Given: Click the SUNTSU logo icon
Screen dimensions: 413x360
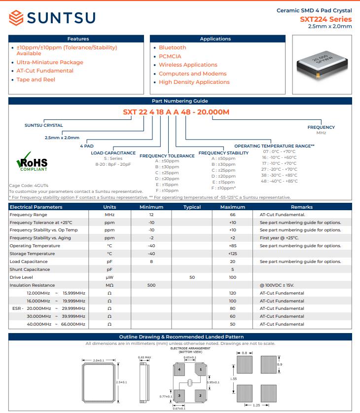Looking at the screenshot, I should coord(16,18).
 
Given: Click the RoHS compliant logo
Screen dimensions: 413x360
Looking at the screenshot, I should coord(32,162).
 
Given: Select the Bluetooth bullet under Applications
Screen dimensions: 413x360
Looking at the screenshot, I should coord(172,47).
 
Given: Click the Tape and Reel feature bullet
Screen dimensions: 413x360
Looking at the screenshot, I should coord(36,79).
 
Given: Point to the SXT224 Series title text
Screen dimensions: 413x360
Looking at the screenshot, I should coord(326,19).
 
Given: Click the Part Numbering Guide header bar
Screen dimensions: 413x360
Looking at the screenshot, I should coord(180,101).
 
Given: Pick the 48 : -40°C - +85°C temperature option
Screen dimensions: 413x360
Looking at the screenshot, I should coord(280,181).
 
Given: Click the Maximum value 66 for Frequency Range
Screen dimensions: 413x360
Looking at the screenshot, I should coord(233,215).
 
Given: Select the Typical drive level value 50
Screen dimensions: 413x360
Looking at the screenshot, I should coord(192,277).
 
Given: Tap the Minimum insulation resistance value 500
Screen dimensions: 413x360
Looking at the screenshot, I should coord(151,285).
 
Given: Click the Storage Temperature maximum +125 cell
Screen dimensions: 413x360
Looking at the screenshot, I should coord(233,254).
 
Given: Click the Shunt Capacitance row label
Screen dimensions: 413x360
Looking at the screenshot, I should coord(30,269).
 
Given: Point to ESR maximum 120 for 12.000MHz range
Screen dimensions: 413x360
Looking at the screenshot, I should coord(233,293).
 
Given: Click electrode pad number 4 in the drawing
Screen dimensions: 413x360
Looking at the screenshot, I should coord(180,369).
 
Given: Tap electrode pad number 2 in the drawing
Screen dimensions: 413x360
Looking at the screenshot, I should coord(200,395).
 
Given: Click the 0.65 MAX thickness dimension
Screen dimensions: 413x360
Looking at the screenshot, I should coord(144,357).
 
